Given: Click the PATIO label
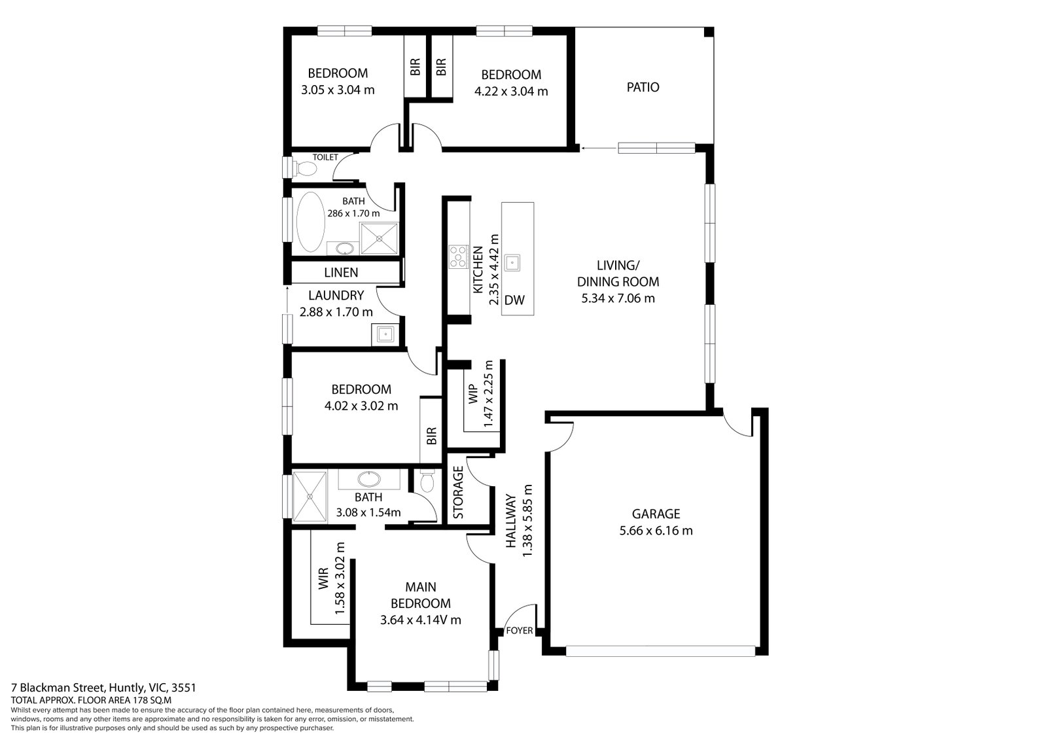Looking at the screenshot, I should (x=643, y=87).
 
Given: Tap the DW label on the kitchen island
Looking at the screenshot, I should (x=515, y=300).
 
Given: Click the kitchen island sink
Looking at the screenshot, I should (x=516, y=262).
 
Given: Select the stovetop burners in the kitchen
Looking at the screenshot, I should (x=457, y=256).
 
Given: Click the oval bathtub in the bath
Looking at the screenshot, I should (x=310, y=222).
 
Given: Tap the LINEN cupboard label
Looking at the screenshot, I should (x=341, y=272).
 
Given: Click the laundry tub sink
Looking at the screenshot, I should (x=385, y=334).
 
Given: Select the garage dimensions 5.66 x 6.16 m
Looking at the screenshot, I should (x=656, y=531).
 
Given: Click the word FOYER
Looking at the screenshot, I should (x=520, y=631).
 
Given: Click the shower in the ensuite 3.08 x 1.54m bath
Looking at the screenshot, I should (x=310, y=496).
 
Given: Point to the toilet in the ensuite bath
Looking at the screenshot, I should (x=427, y=483).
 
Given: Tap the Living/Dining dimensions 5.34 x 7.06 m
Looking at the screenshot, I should (x=618, y=299).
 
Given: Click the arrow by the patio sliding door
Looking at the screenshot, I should (x=591, y=149).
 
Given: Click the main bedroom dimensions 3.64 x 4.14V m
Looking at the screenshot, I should (x=420, y=620).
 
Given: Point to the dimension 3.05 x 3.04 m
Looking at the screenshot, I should (x=338, y=90).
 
